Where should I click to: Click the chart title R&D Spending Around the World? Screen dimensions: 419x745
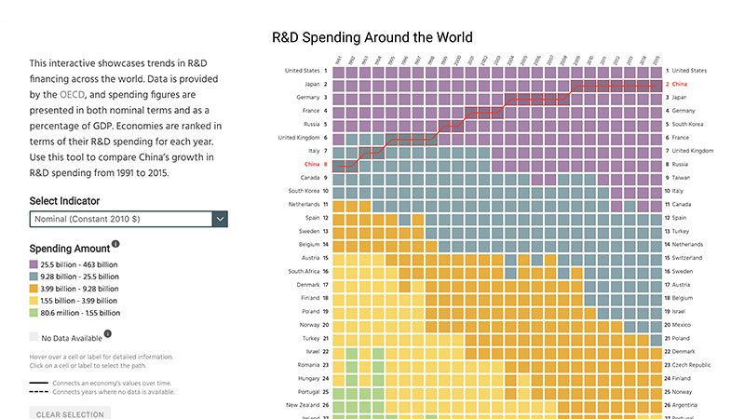[x=372, y=38]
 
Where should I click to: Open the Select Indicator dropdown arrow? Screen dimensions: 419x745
[x=221, y=219]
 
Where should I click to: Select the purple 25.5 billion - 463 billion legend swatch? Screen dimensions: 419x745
[x=34, y=265]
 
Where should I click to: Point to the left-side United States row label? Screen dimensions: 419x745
[x=302, y=70]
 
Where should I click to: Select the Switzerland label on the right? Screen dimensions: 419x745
[x=692, y=258]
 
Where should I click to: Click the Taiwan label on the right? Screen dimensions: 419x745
[x=684, y=177]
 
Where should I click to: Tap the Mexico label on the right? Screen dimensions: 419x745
[x=684, y=325]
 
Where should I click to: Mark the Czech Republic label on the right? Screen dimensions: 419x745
[x=698, y=365]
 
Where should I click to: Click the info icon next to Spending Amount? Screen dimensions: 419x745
[x=116, y=245]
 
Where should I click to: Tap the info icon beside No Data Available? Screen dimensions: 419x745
[x=108, y=333]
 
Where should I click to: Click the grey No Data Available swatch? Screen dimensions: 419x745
[x=34, y=337]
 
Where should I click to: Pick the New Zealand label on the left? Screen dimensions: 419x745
[x=304, y=405]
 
